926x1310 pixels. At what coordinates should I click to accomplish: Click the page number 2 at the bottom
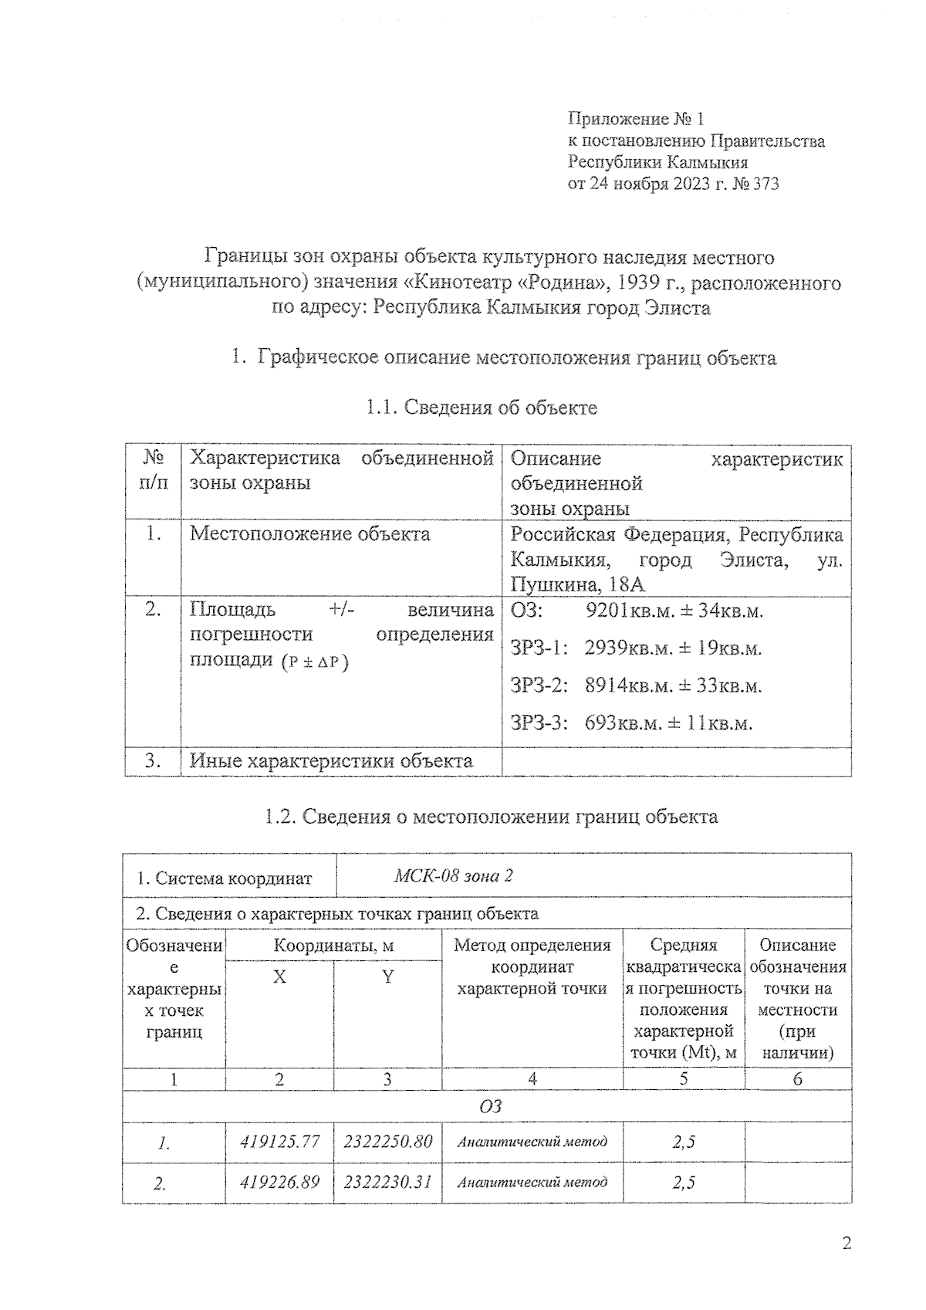(847, 1244)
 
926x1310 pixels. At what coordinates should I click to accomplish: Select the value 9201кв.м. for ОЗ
(625, 611)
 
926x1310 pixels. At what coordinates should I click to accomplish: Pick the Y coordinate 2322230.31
(387, 1181)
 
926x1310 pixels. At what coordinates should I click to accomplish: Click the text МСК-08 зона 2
(454, 875)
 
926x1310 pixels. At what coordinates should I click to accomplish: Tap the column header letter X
(279, 977)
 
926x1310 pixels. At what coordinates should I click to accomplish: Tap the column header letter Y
(387, 977)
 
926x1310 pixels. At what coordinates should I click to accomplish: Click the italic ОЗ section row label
(490, 1107)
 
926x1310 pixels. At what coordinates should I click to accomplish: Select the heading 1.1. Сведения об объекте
(482, 407)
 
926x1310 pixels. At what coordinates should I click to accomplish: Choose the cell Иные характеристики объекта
(331, 760)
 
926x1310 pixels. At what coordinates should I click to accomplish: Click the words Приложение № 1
(636, 118)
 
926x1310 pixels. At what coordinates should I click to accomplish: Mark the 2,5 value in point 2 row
(683, 1182)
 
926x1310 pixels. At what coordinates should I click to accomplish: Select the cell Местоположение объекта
(309, 533)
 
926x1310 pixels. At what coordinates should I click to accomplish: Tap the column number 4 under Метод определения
(532, 1079)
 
